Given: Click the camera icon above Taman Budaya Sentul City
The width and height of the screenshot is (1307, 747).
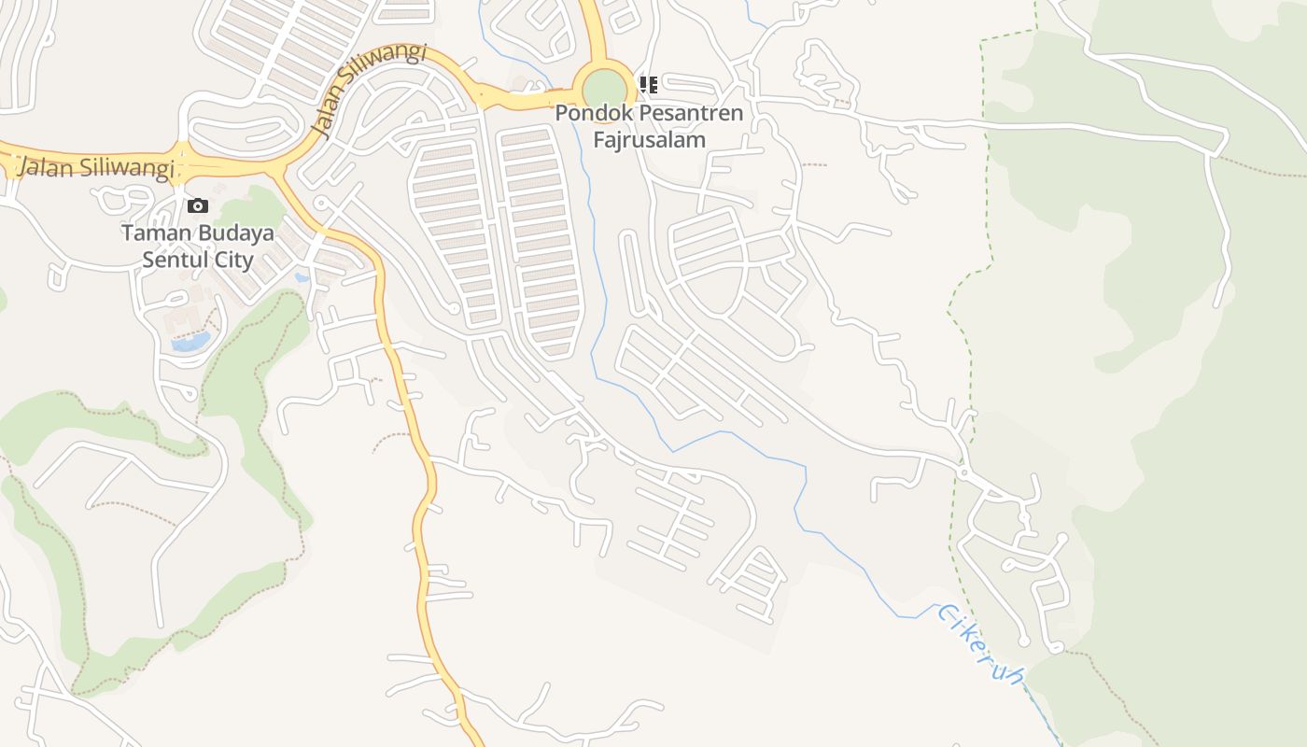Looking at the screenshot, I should [198, 205].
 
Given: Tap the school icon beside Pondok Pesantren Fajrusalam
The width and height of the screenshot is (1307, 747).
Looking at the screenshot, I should [649, 85].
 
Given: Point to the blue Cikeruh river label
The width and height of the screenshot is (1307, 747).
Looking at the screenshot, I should [979, 642].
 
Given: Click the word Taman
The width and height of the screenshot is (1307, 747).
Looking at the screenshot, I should [149, 233].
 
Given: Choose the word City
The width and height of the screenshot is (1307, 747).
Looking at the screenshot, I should [232, 260].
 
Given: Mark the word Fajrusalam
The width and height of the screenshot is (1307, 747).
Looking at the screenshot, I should [650, 139].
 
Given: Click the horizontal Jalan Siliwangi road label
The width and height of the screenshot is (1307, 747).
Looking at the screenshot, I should [97, 168].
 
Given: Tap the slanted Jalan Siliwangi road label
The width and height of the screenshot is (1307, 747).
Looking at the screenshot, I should [370, 90].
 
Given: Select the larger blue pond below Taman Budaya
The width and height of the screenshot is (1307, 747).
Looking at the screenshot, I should [190, 343].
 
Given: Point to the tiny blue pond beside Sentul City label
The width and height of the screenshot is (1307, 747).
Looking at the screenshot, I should [302, 277].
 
